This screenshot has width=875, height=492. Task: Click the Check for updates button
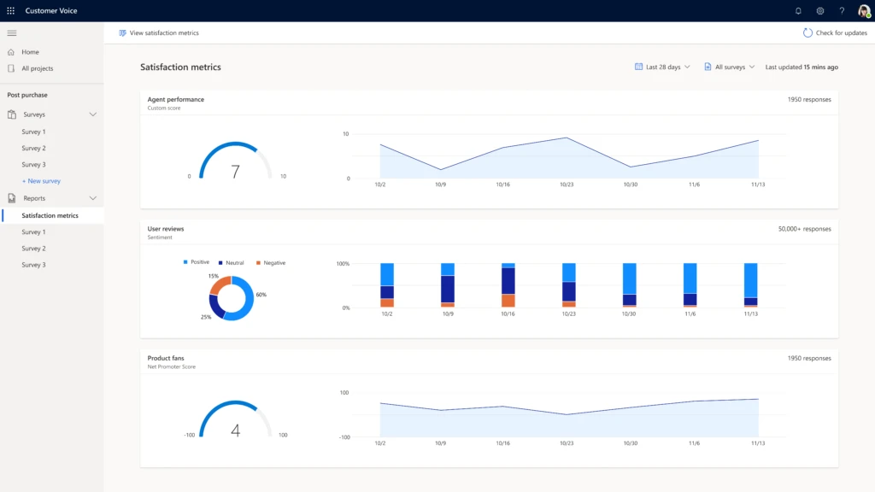pyautogui.click(x=835, y=32)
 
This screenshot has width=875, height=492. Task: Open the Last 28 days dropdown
pyautogui.click(x=662, y=67)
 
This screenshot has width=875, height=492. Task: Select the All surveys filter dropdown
pyautogui.click(x=729, y=67)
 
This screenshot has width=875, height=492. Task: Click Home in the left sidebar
pyautogui.click(x=30, y=52)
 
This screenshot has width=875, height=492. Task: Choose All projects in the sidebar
pyautogui.click(x=37, y=68)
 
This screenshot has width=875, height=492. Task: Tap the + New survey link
pyautogui.click(x=41, y=181)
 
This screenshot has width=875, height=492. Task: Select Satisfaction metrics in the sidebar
pyautogui.click(x=50, y=215)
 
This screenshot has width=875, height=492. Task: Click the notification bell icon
pyautogui.click(x=798, y=11)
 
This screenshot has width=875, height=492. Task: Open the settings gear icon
pyautogui.click(x=820, y=11)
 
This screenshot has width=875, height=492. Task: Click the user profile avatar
pyautogui.click(x=864, y=11)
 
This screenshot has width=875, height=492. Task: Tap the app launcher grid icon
pyautogui.click(x=10, y=11)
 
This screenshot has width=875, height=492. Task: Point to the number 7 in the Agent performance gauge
pyautogui.click(x=235, y=172)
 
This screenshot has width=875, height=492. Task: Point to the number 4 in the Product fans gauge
pyautogui.click(x=235, y=430)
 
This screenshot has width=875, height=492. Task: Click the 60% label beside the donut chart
pyautogui.click(x=261, y=295)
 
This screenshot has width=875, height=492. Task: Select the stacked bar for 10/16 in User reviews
pyautogui.click(x=508, y=285)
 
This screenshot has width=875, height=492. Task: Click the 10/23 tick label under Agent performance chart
pyautogui.click(x=567, y=184)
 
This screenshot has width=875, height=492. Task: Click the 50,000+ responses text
pyautogui.click(x=804, y=229)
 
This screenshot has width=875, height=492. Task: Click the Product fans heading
pyautogui.click(x=166, y=358)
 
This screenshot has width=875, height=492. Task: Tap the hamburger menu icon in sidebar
pyautogui.click(x=11, y=32)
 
